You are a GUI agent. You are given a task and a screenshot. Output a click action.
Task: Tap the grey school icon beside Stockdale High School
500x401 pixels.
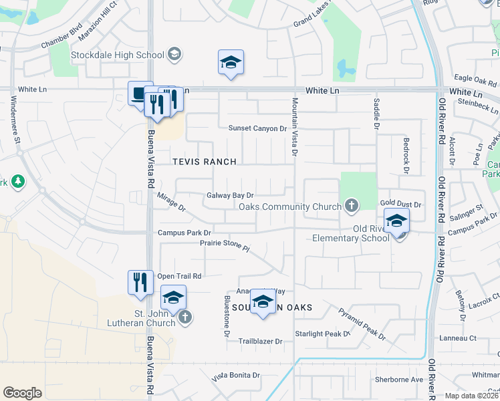coord(174,54)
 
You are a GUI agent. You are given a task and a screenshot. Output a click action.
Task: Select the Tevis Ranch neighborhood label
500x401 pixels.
coord(205,162)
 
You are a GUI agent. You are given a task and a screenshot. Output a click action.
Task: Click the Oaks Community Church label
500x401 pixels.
coord(290,207)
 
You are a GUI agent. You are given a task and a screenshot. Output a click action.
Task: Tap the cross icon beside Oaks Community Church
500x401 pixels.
coord(352,206)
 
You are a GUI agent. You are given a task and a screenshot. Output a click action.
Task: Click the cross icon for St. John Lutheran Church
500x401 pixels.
coord(185,317)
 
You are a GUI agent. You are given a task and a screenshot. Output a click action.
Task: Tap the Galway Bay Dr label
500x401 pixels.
coord(231,195)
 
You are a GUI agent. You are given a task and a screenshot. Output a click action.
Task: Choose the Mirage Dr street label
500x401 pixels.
coord(171,203)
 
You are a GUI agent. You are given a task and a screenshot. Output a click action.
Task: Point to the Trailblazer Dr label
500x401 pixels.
coord(261,341)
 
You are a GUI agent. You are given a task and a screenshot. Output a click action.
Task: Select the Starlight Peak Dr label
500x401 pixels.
coord(323,333)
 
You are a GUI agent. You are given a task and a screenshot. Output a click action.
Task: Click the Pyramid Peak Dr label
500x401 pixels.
coord(362,324)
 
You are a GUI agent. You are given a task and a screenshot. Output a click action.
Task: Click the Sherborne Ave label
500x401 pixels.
coord(399,379)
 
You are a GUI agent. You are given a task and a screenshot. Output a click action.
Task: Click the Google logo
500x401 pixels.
coord(22,392)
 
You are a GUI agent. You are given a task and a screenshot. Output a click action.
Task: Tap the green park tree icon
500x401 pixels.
coord(17,181)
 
